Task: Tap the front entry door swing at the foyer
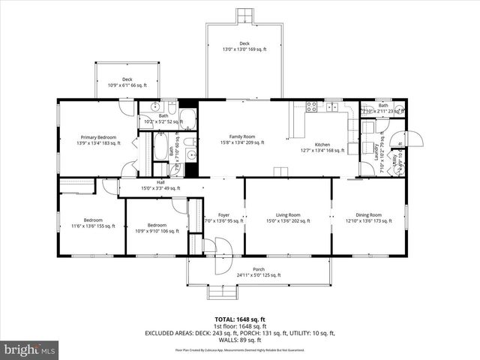click(222, 255)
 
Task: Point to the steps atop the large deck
click(244, 16)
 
